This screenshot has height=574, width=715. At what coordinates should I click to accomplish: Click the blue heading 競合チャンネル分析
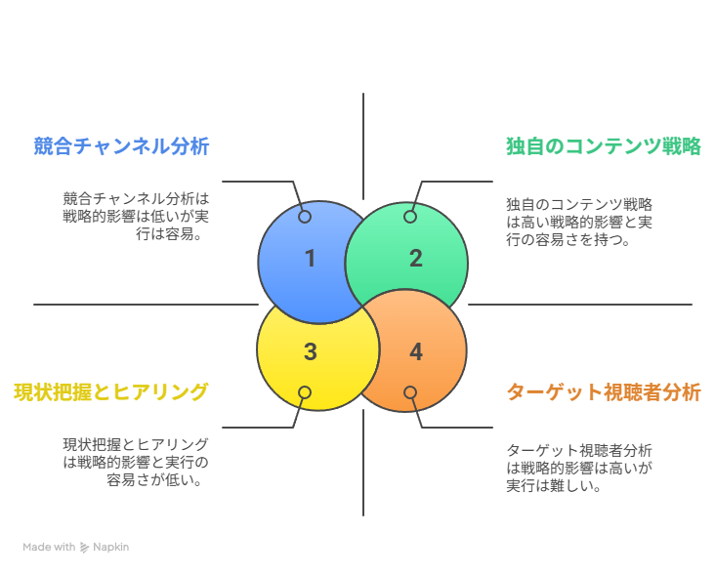(121, 146)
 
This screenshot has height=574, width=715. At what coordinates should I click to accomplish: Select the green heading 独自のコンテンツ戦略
(604, 146)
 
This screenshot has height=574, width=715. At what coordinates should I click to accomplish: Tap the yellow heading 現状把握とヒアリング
(111, 392)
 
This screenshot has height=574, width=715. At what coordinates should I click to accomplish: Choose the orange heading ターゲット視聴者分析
(604, 392)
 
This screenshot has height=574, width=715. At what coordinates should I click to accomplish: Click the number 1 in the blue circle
(311, 259)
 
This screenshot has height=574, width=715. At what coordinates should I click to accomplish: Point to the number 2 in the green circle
(416, 259)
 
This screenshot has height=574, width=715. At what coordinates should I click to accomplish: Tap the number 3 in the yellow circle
(311, 351)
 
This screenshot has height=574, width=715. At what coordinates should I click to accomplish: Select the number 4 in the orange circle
(416, 351)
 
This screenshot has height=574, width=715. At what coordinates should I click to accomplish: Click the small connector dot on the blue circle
(305, 217)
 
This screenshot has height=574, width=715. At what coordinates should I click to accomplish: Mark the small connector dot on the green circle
(410, 217)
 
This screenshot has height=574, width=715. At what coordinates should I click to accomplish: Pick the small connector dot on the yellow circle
(305, 392)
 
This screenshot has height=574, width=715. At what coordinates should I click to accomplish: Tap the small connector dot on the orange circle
(410, 392)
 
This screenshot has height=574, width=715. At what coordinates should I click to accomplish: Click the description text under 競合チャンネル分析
(136, 216)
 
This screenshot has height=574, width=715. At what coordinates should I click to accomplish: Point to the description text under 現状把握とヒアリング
(136, 461)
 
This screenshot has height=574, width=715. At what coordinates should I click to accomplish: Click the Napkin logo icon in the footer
(85, 548)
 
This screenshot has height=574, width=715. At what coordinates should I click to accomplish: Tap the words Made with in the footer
(49, 548)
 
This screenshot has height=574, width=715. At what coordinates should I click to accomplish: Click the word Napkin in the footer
(111, 548)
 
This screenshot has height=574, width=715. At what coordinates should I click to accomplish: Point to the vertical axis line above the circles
(363, 146)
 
